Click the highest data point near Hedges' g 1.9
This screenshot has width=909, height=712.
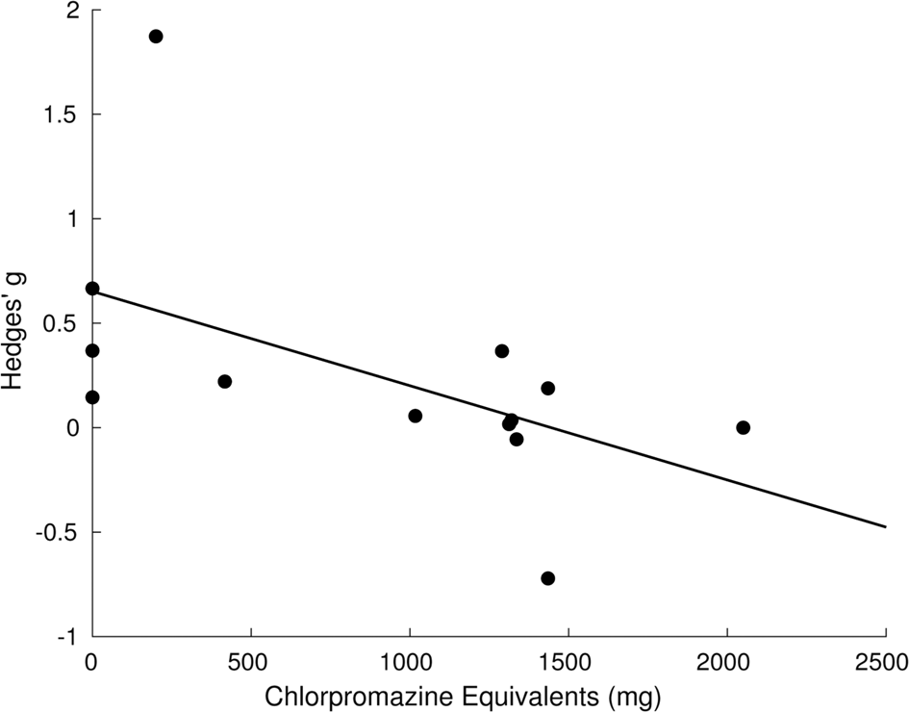[x=156, y=37]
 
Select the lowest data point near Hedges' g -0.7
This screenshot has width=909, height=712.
[x=547, y=578]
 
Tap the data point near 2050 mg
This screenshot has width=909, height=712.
[x=743, y=427]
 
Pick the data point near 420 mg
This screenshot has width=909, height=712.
[x=225, y=381]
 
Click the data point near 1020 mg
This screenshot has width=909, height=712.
[x=415, y=416]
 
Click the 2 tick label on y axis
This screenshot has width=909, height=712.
[x=72, y=12]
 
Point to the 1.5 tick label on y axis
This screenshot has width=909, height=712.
[x=63, y=115]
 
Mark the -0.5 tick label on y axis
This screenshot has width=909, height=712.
[x=60, y=532]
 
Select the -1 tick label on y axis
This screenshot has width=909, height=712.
[x=67, y=636]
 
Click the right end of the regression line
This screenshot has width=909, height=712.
[x=884, y=526]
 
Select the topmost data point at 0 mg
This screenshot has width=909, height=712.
[x=92, y=289]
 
